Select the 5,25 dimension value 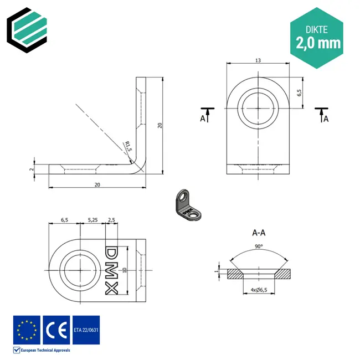tap(92, 220)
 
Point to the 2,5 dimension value tap(112, 220)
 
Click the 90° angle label tap(258, 246)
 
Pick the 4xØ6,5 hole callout tap(258, 290)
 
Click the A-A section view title tap(258, 233)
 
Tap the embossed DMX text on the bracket tap(112, 270)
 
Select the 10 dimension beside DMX tap(125, 270)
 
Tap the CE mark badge tap(56, 330)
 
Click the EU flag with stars tap(26, 330)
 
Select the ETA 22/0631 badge tap(86, 330)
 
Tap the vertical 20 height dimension tap(160, 126)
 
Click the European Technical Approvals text tap(46, 350)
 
